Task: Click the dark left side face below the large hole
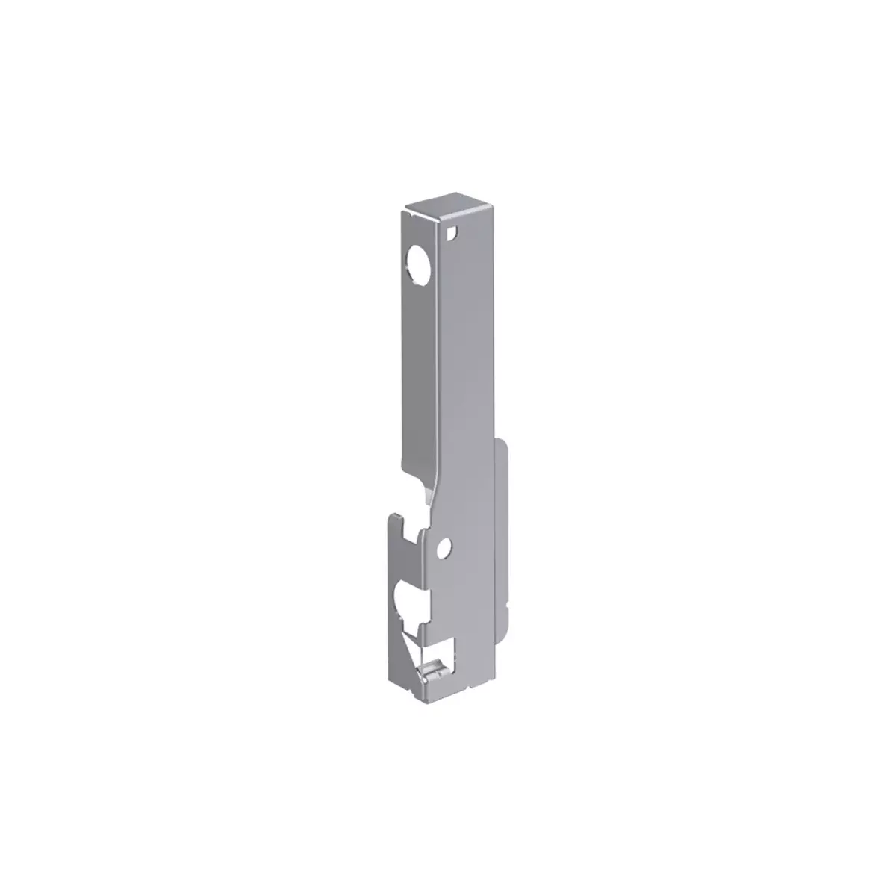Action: tap(418, 373)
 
